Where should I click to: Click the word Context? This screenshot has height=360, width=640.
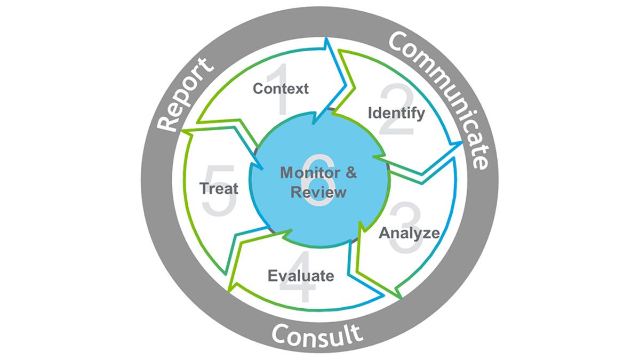click(x=281, y=89)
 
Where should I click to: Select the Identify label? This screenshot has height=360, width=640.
click(x=397, y=113)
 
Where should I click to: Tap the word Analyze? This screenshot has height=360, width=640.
click(x=409, y=233)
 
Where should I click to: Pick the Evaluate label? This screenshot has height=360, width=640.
click(x=301, y=276)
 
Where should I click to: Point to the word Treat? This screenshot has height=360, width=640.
click(x=219, y=188)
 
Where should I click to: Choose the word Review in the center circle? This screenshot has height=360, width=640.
click(x=318, y=192)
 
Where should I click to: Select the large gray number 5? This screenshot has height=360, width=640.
click(x=219, y=190)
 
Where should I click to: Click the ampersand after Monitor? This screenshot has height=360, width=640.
click(x=350, y=173)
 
